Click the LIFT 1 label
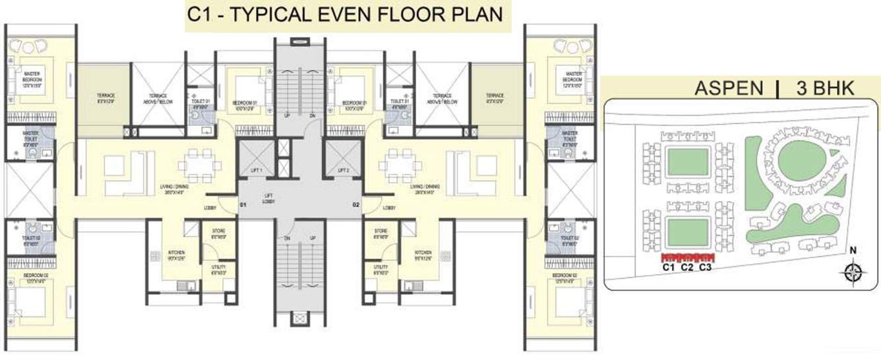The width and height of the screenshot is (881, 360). [256, 171]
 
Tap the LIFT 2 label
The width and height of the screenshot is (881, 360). [343, 171]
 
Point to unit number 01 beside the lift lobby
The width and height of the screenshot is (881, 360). [243, 206]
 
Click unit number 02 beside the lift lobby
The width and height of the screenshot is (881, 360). [356, 206]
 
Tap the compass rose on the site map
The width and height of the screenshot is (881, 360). [853, 272]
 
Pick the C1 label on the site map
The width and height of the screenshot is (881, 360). [669, 268]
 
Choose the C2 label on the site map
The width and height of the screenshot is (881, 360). [687, 268]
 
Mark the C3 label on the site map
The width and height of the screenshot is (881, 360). [705, 268]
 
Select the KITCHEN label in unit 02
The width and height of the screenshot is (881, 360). [423, 255]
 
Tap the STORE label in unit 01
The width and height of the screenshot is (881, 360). [219, 233]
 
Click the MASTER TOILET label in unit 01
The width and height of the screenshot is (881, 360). [30, 136]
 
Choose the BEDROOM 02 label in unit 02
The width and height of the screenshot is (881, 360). [566, 276]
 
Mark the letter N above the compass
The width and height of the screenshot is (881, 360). [853, 251]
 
